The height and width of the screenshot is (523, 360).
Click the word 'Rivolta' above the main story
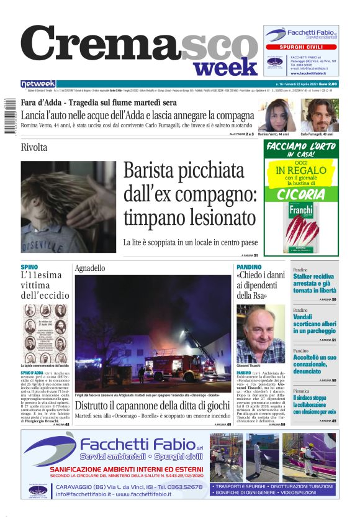[34, 147]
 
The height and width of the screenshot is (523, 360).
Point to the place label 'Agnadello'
[90, 268]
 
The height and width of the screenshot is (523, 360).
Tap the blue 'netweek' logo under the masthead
[38, 84]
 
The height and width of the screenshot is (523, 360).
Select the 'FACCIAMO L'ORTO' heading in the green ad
[301, 149]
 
